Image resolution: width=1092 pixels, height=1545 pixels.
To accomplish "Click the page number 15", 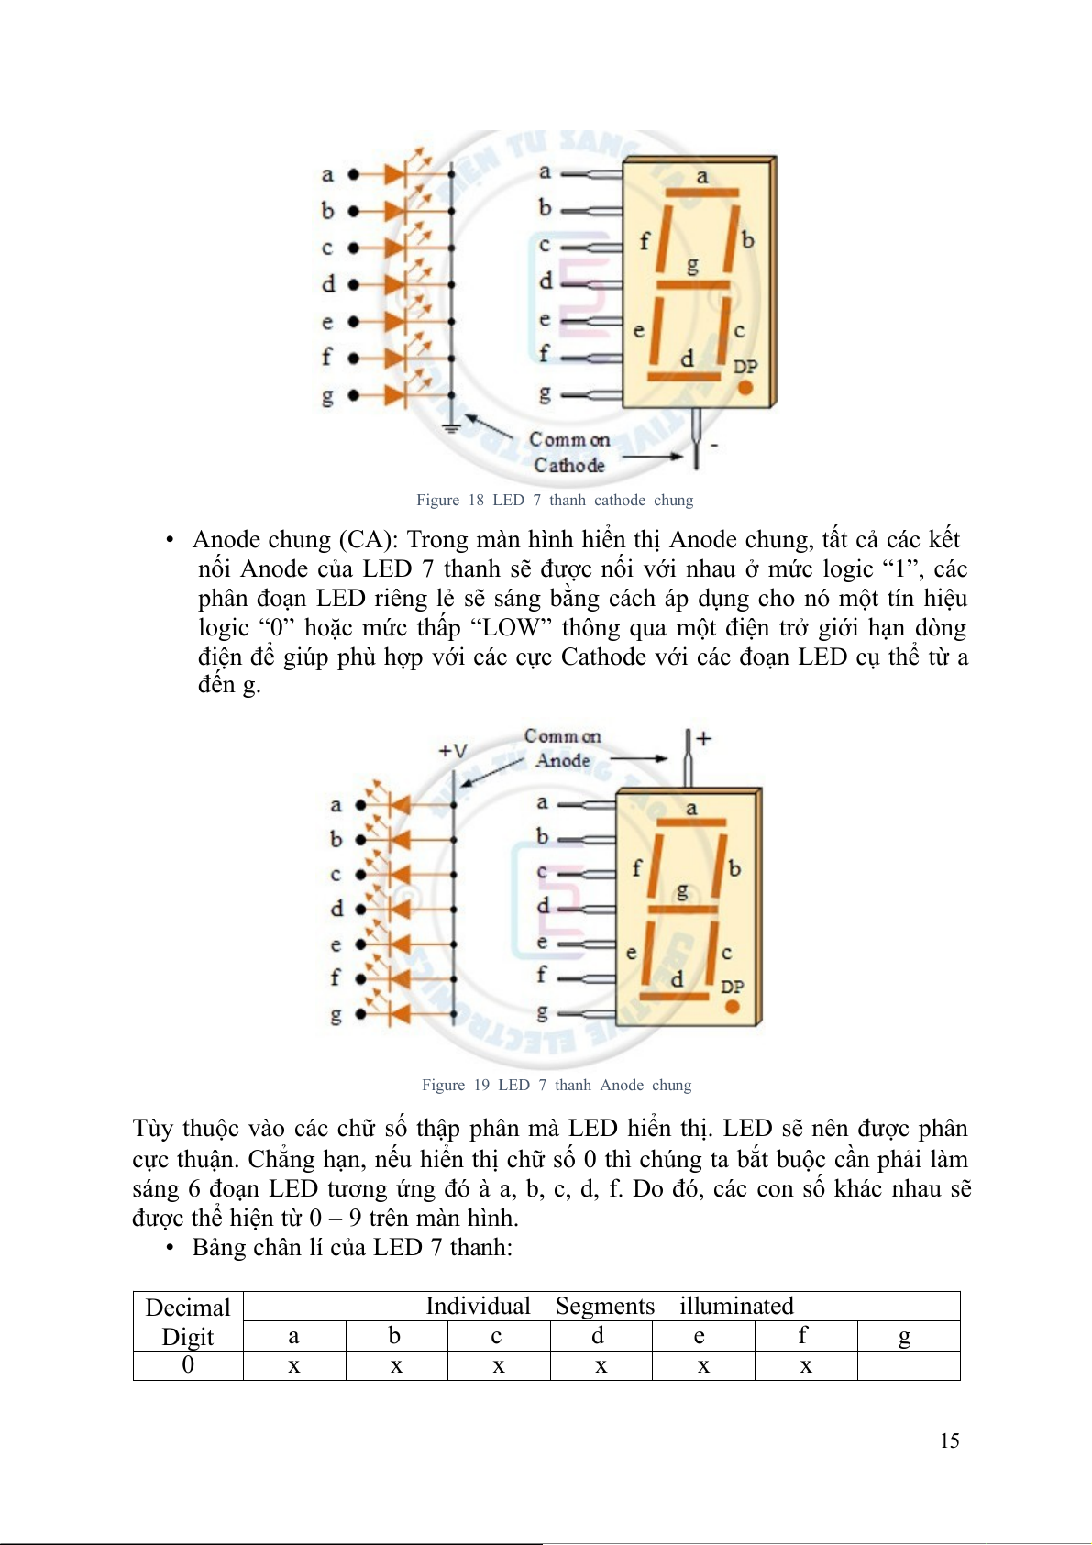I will click(x=949, y=1440).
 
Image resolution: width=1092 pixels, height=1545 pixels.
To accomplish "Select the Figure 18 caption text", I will click(x=555, y=500).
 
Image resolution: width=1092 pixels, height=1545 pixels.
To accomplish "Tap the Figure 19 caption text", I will click(x=557, y=1085).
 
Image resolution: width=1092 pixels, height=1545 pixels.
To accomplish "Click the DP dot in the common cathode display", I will click(x=745, y=388).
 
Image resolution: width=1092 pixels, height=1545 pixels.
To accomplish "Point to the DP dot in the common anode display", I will click(x=732, y=1007).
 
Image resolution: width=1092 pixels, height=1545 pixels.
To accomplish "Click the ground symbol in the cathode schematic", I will click(x=451, y=426).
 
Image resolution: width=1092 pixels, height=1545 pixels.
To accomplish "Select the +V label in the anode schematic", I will click(x=452, y=751).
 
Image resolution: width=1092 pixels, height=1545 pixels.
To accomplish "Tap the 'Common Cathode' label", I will click(x=569, y=452).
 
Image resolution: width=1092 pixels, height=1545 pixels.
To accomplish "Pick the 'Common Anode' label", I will click(x=563, y=748).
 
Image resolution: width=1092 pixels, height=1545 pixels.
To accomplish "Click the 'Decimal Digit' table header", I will click(x=188, y=1321).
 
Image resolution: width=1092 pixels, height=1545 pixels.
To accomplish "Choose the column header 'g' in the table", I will click(x=905, y=1336).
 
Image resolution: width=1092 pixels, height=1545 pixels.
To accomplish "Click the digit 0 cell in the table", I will click(x=188, y=1365).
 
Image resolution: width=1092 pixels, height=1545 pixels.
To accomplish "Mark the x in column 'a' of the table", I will click(x=294, y=1366).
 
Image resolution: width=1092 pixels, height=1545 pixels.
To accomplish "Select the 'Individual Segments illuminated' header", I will click(x=609, y=1306).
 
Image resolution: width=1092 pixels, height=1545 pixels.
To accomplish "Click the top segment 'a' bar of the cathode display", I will click(x=702, y=193).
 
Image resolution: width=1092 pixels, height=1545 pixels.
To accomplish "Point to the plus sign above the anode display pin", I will click(x=703, y=738).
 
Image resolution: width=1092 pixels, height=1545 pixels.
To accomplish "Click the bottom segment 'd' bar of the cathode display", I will click(x=684, y=376).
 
